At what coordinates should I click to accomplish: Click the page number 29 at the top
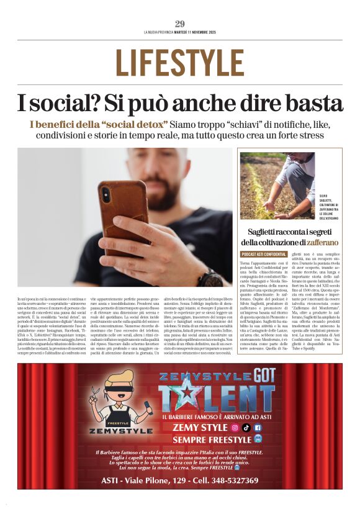coord(180,24)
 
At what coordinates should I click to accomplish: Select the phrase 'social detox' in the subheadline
coord(133,124)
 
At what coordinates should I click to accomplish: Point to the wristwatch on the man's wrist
coord(211,277)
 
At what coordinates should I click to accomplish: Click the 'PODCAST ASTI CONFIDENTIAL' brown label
coord(264,255)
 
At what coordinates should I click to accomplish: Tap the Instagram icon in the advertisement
coord(235,427)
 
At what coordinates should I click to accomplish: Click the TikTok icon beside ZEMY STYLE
coord(246,427)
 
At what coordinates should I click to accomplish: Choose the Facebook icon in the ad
coord(258,427)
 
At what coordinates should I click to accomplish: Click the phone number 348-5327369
coord(233,481)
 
